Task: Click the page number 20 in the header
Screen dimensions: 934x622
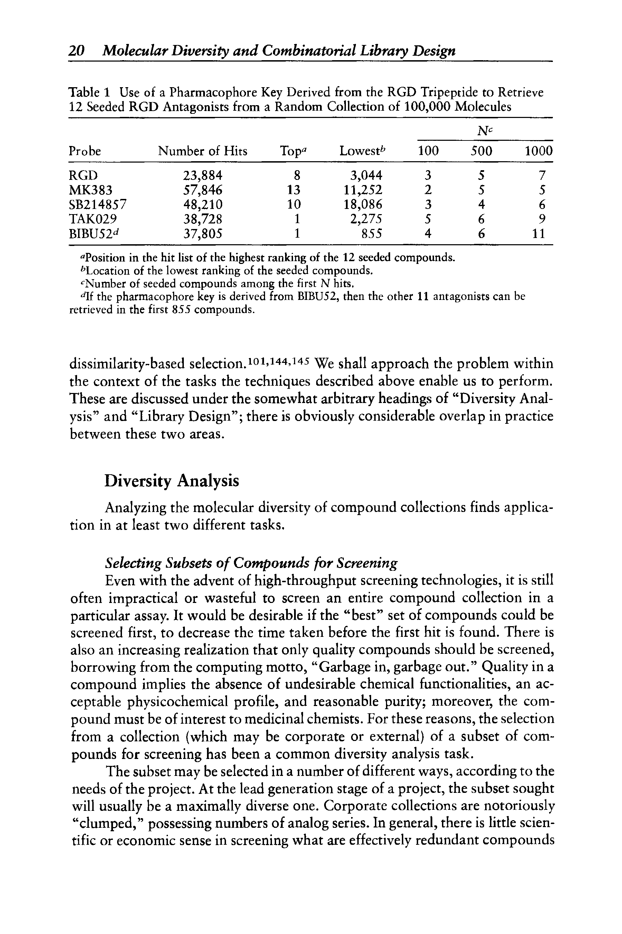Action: (77, 51)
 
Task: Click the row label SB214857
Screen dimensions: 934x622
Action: (97, 204)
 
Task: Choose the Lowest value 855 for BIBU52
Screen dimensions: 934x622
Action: (372, 233)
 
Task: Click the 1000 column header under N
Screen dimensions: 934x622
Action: (538, 151)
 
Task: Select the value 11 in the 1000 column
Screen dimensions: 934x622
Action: (538, 233)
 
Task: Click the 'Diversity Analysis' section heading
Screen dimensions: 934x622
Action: (172, 480)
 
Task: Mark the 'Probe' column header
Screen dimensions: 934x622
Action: (85, 151)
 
